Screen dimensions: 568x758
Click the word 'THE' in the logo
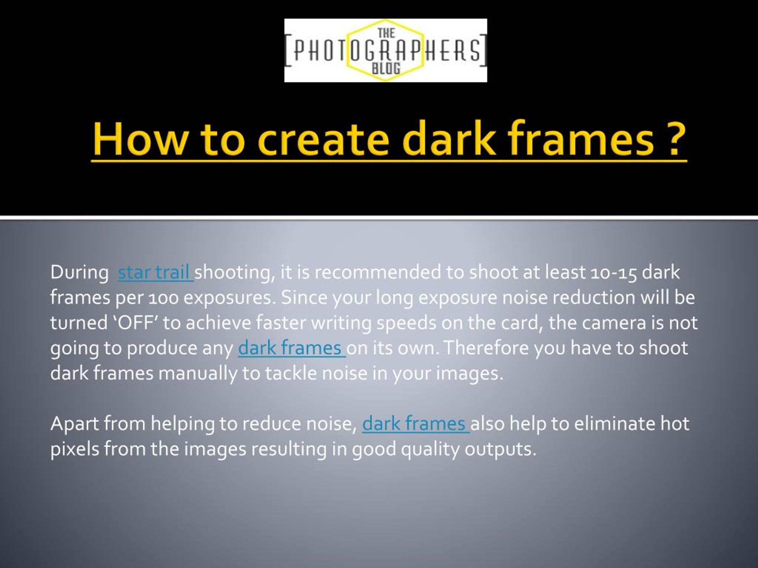coord(386,33)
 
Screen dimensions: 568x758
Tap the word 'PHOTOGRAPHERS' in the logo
coord(386,51)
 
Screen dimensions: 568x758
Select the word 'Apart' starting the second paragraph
coord(74,424)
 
